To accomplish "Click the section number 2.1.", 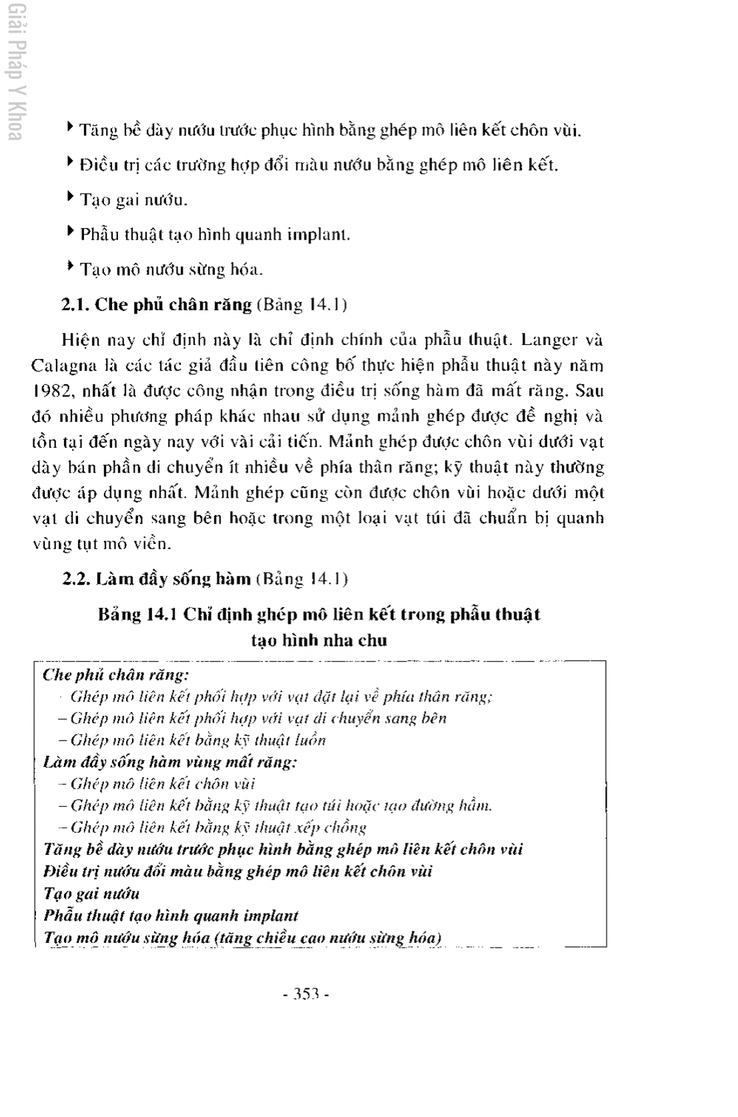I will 75,305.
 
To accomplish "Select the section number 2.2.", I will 76,579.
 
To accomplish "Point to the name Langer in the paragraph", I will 549,340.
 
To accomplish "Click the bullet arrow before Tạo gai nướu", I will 70,197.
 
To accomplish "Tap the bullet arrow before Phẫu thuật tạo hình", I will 70,232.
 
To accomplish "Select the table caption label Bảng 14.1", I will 137,614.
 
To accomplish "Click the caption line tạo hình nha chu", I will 319,641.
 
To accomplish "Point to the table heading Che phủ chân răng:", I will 115,675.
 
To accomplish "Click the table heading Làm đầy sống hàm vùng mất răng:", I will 170,762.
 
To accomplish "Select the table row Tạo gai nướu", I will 91,893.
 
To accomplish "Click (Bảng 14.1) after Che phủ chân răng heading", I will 302,305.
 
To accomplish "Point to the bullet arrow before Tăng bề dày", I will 70,126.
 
